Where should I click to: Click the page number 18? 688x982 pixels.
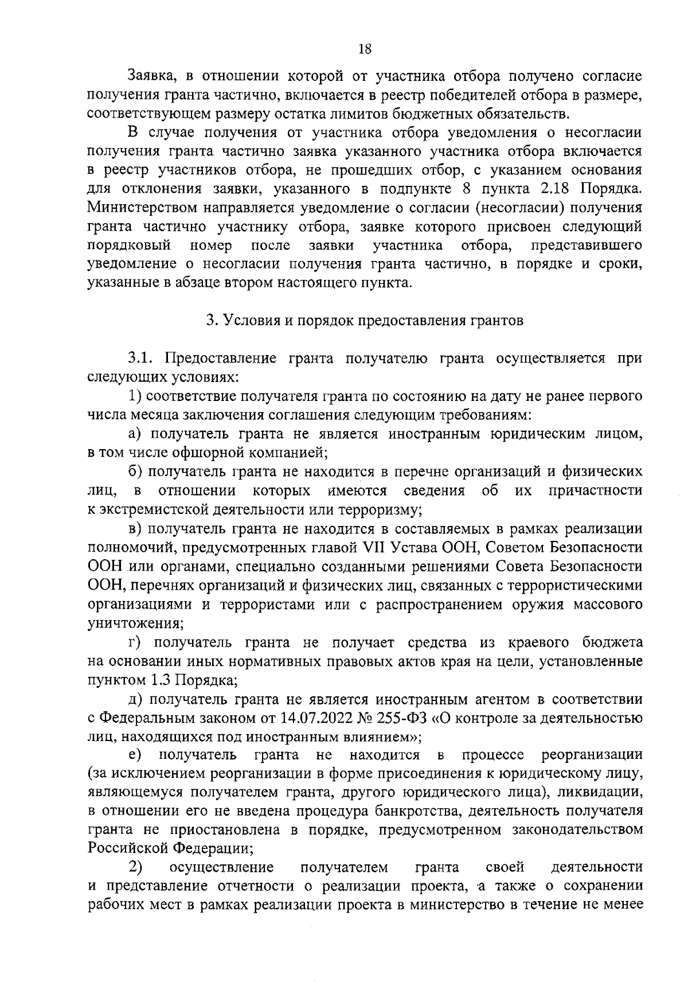(x=365, y=49)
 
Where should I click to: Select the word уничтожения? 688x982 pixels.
(x=135, y=623)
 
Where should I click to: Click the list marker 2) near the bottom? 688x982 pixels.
(x=135, y=866)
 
